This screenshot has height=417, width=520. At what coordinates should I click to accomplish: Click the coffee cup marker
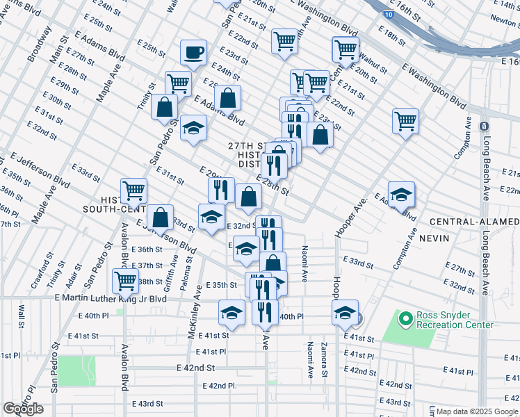[x=193, y=52]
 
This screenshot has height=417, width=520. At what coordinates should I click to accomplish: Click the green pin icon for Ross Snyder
[x=405, y=319]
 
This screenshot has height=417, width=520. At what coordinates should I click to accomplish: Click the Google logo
[x=23, y=409]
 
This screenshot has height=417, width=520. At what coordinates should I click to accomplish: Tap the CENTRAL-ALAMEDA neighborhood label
[x=474, y=222]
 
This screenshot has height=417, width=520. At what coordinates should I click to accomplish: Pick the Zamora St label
[x=323, y=359]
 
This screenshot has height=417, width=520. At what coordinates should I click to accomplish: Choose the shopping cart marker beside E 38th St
[x=125, y=280]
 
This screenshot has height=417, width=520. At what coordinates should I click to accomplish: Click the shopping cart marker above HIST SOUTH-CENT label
[x=133, y=190]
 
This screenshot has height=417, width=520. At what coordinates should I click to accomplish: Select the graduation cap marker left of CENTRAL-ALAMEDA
[x=401, y=194]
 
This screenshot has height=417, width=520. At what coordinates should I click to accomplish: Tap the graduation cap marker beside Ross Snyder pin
[x=345, y=312]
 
